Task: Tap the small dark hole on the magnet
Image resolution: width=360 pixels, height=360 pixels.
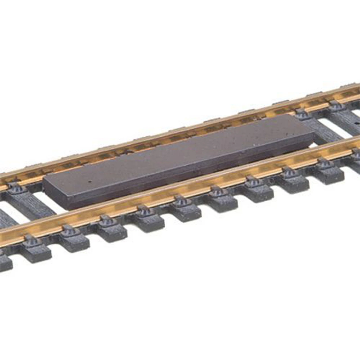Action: pyautogui.click(x=90, y=181)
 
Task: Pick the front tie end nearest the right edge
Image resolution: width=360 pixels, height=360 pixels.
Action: pyautogui.click(x=329, y=174)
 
